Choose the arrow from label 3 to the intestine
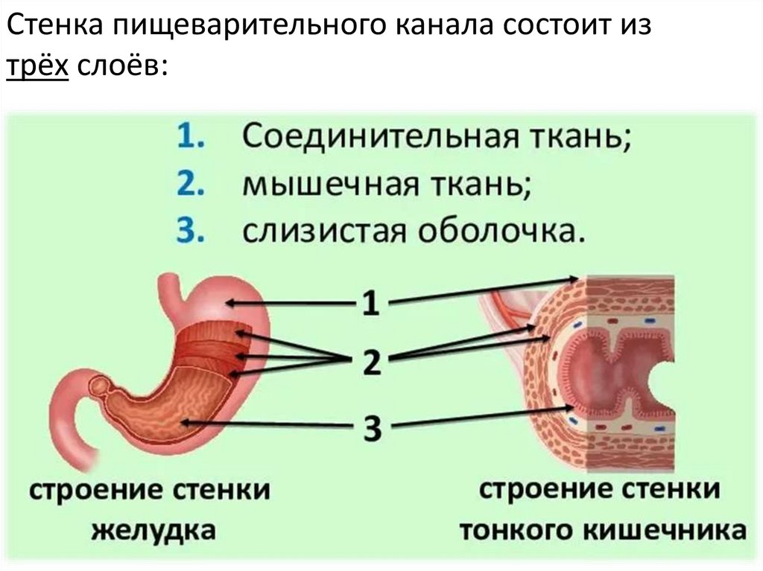point(484,416)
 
